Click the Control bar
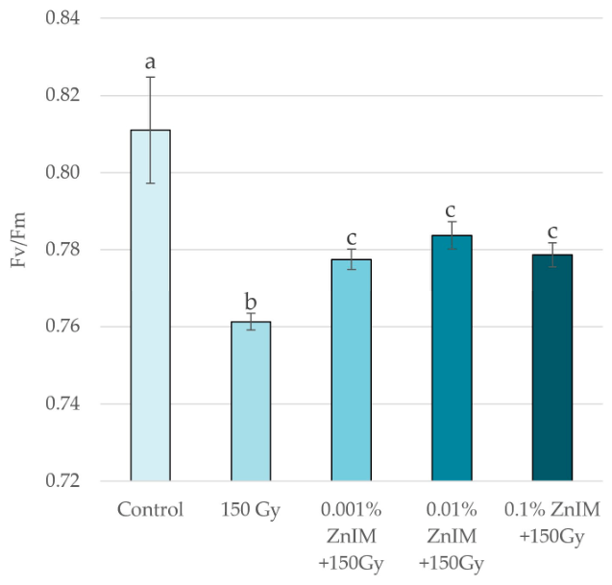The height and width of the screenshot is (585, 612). pyautogui.click(x=150, y=305)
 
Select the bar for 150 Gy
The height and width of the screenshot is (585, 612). pyautogui.click(x=251, y=402)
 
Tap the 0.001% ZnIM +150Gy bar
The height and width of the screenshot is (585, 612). pyautogui.click(x=352, y=370)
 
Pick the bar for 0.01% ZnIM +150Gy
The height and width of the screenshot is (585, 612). pyautogui.click(x=452, y=358)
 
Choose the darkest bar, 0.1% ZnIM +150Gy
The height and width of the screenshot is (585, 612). pyautogui.click(x=552, y=368)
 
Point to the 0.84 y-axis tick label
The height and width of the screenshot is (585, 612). pyautogui.click(x=62, y=18)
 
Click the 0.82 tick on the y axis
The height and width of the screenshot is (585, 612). pyautogui.click(x=62, y=95)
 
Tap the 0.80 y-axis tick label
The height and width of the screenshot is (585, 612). pyautogui.click(x=62, y=172)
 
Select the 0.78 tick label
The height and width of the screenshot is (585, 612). pyautogui.click(x=62, y=249)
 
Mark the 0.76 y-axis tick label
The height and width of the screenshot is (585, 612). pyautogui.click(x=62, y=326)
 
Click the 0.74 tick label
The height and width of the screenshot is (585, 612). pyautogui.click(x=62, y=403)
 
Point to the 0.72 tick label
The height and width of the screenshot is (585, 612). pyautogui.click(x=62, y=480)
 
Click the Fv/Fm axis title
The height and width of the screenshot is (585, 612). pyautogui.click(x=18, y=239)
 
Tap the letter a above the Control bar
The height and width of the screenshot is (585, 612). pyautogui.click(x=150, y=62)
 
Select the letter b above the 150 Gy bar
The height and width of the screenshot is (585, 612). pyautogui.click(x=251, y=302)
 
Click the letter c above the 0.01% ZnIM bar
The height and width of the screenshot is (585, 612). pyautogui.click(x=451, y=211)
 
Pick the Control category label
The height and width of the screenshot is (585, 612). pyautogui.click(x=150, y=510)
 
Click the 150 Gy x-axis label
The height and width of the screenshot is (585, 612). pyautogui.click(x=251, y=511)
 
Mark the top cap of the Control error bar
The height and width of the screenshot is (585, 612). pyautogui.click(x=150, y=77)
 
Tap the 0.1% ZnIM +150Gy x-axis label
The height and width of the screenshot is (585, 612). pyautogui.click(x=552, y=524)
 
